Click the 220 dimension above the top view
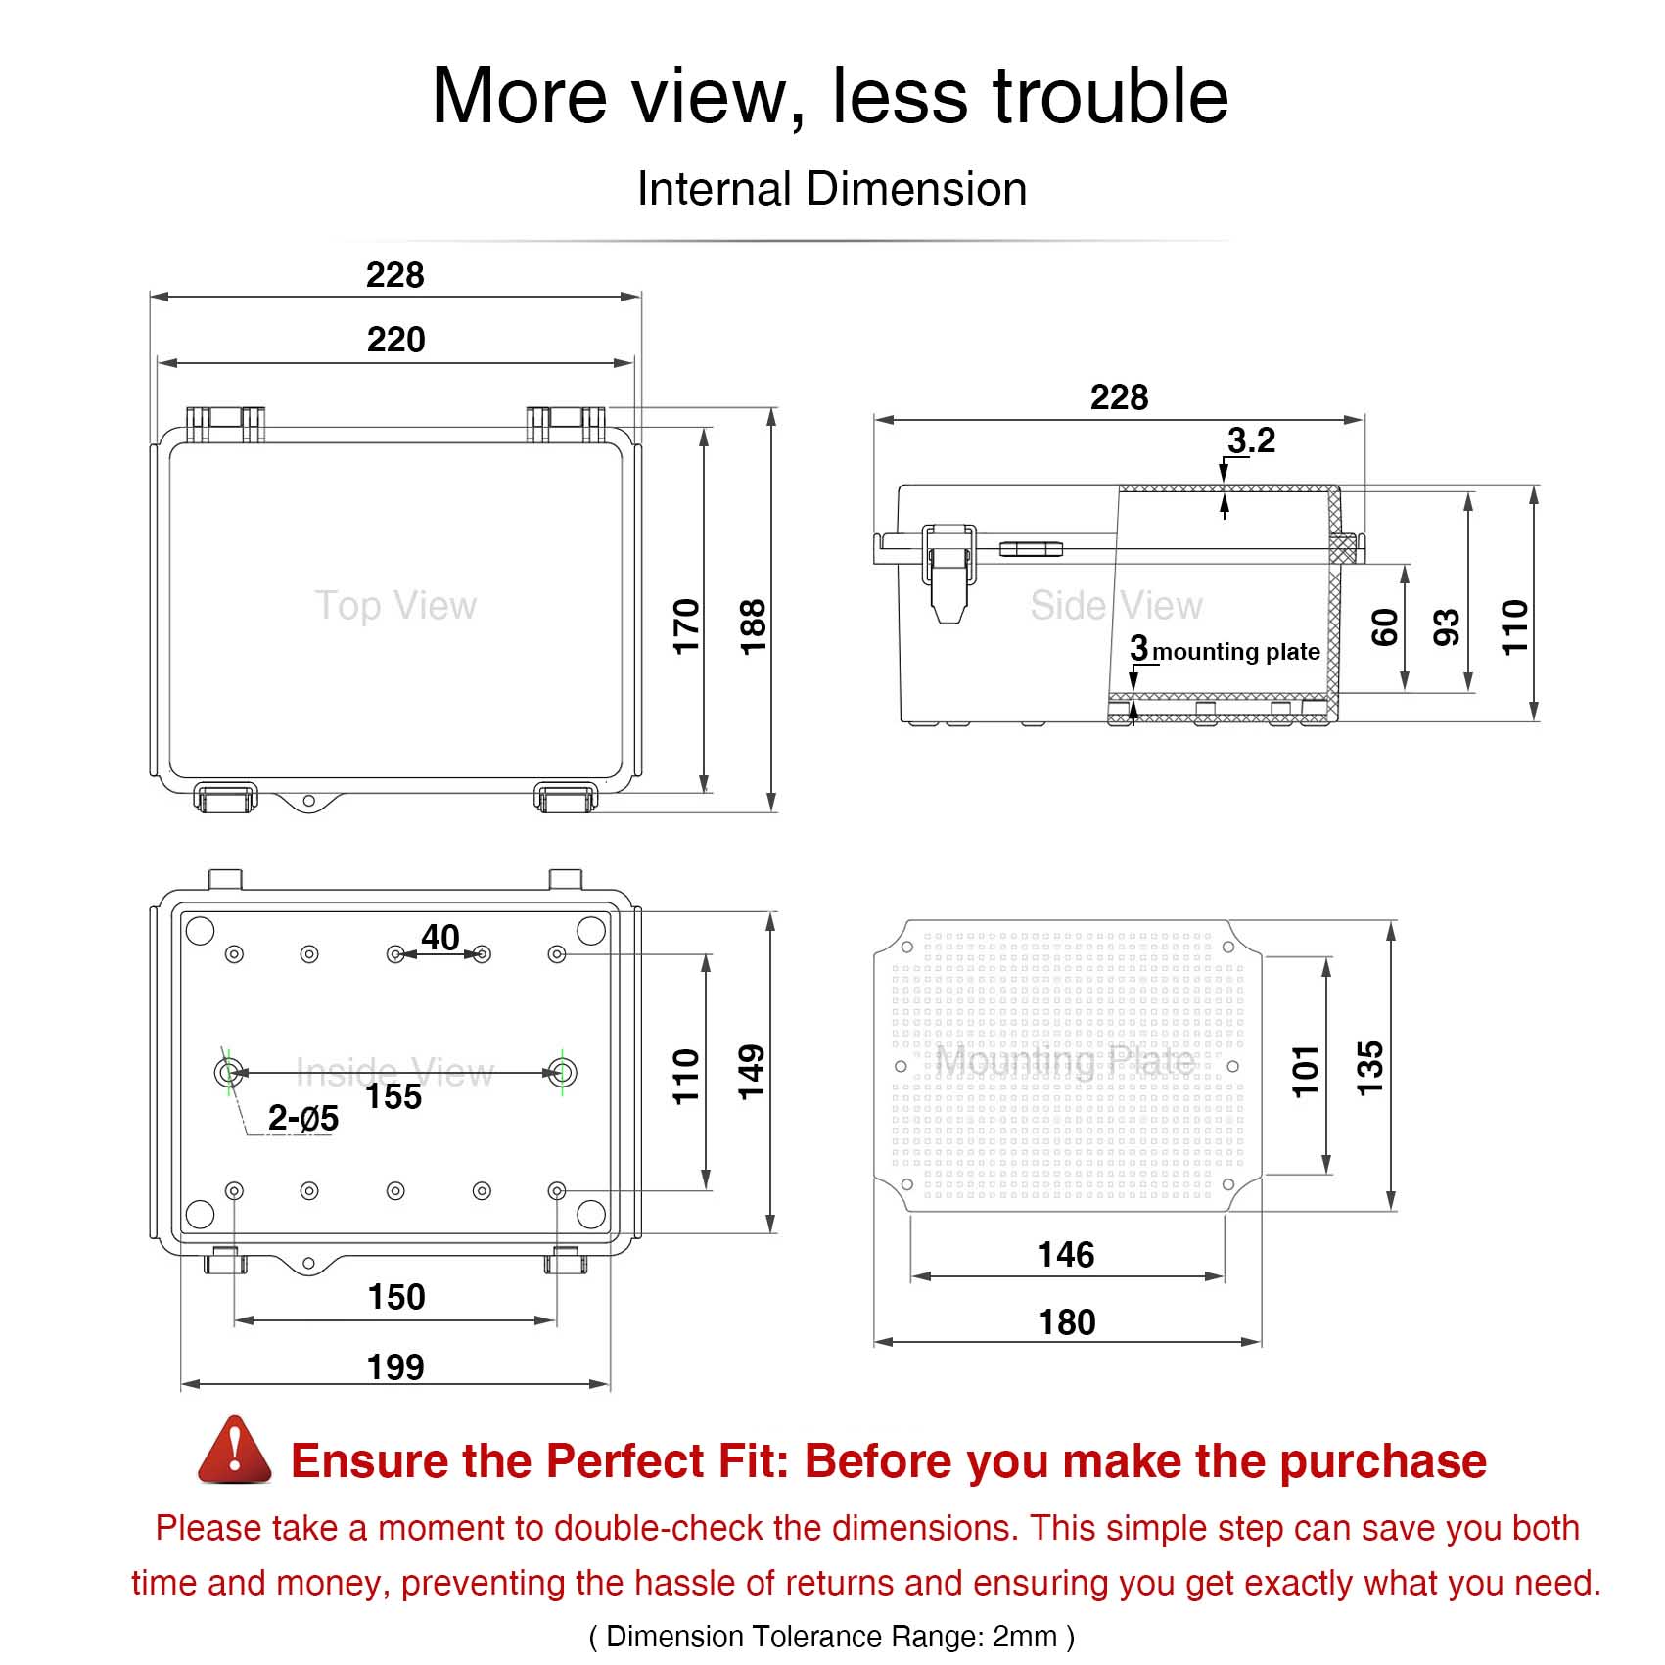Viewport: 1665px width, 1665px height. [x=395, y=340]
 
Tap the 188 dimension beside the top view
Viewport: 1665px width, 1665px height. [x=752, y=626]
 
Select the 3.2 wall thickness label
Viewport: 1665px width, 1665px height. [x=1251, y=440]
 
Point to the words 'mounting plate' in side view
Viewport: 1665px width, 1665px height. [x=1236, y=652]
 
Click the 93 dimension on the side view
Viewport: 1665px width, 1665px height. [x=1446, y=627]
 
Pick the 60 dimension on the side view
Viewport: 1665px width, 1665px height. [x=1384, y=627]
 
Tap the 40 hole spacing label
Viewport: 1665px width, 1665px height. [x=439, y=938]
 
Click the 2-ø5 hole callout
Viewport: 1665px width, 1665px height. [x=303, y=1118]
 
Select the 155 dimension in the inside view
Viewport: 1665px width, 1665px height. [x=393, y=1096]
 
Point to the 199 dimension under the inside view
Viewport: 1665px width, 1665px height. [x=395, y=1366]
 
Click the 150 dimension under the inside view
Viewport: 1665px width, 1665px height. [x=396, y=1297]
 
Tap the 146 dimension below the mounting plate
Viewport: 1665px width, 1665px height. [x=1066, y=1255]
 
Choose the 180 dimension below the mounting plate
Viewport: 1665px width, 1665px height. [x=1067, y=1322]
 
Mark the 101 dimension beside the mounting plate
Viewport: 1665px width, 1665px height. [x=1306, y=1070]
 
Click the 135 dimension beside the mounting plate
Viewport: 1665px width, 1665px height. [x=1369, y=1068]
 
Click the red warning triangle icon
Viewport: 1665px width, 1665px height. [x=235, y=1451]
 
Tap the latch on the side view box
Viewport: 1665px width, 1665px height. [x=948, y=572]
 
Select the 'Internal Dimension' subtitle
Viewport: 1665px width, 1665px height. [x=832, y=189]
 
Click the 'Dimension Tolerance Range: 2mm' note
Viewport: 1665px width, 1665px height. [x=832, y=1636]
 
